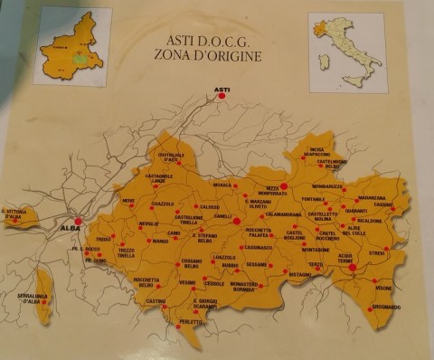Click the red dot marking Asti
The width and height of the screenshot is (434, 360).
[222, 96]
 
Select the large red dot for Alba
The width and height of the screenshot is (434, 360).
[79, 221]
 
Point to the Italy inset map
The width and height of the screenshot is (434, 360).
[347, 52]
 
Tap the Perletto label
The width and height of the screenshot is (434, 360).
[191, 321]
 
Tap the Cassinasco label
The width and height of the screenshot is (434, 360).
[258, 246]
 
